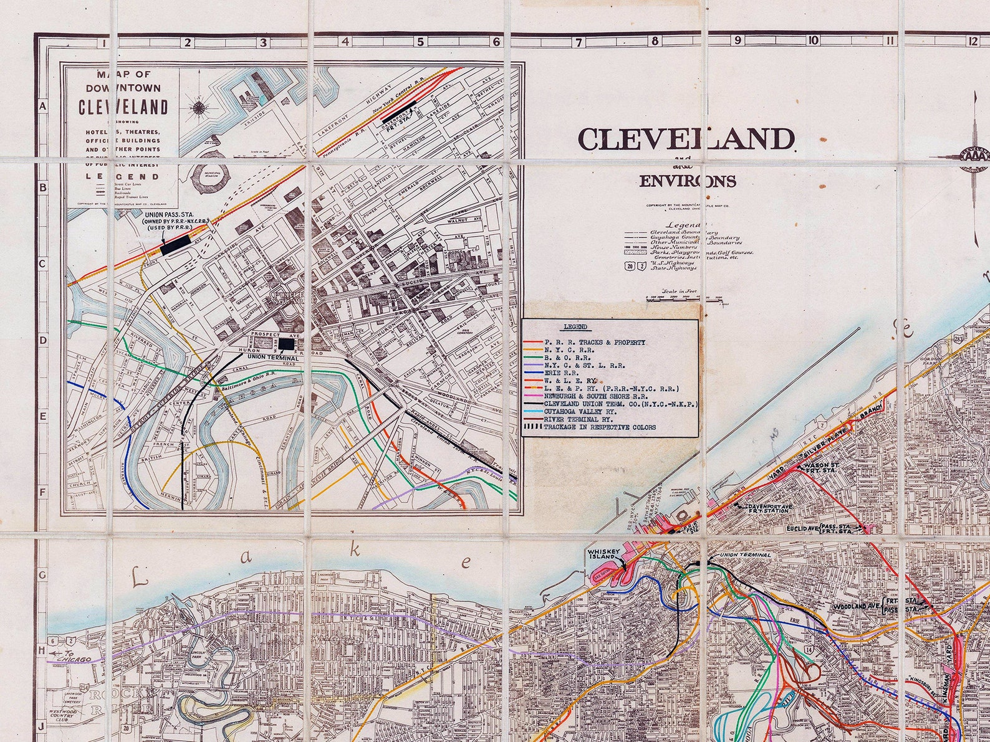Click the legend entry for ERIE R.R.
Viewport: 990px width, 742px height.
point(557,373)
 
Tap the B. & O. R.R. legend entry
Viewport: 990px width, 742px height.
point(565,358)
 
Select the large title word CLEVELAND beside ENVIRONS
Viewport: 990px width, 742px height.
point(686,139)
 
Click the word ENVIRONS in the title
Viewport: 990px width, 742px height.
point(687,181)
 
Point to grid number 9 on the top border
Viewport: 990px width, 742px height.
point(738,41)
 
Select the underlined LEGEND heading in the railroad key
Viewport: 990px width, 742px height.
point(574,326)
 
